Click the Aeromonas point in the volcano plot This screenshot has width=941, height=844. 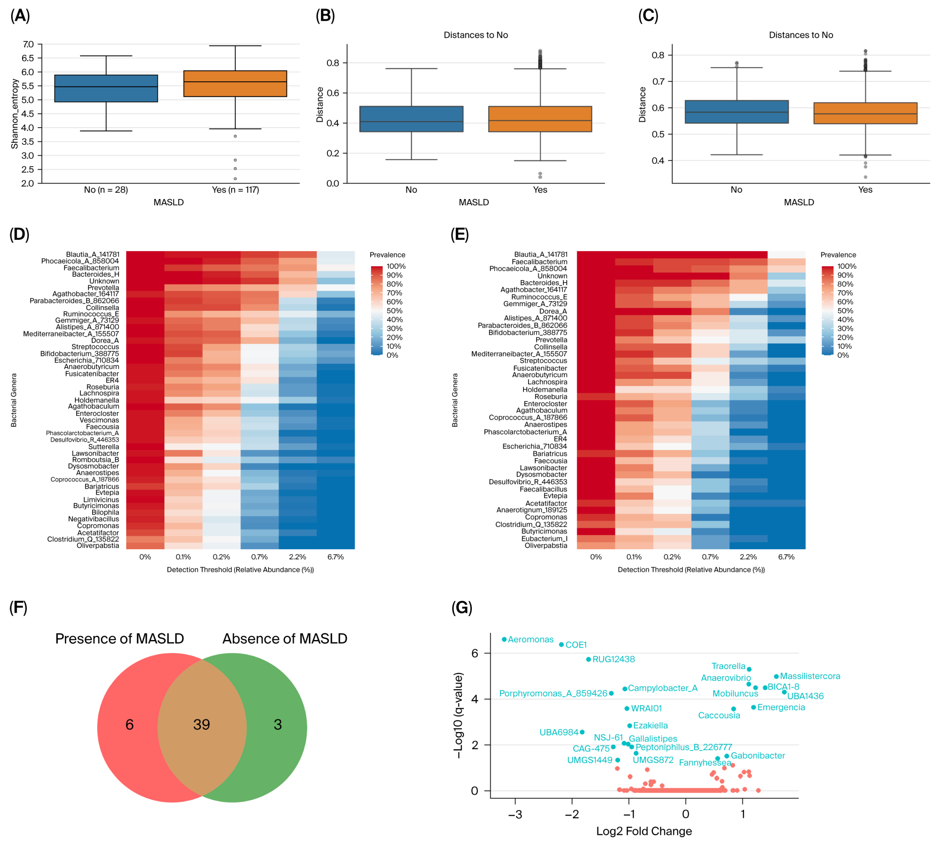coord(504,640)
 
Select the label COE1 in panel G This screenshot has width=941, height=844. coord(576,645)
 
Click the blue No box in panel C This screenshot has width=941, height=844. coord(736,112)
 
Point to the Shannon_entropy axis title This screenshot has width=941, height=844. coord(14,114)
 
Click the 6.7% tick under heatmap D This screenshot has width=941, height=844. coord(335,557)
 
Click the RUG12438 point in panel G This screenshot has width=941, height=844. coord(589,659)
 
